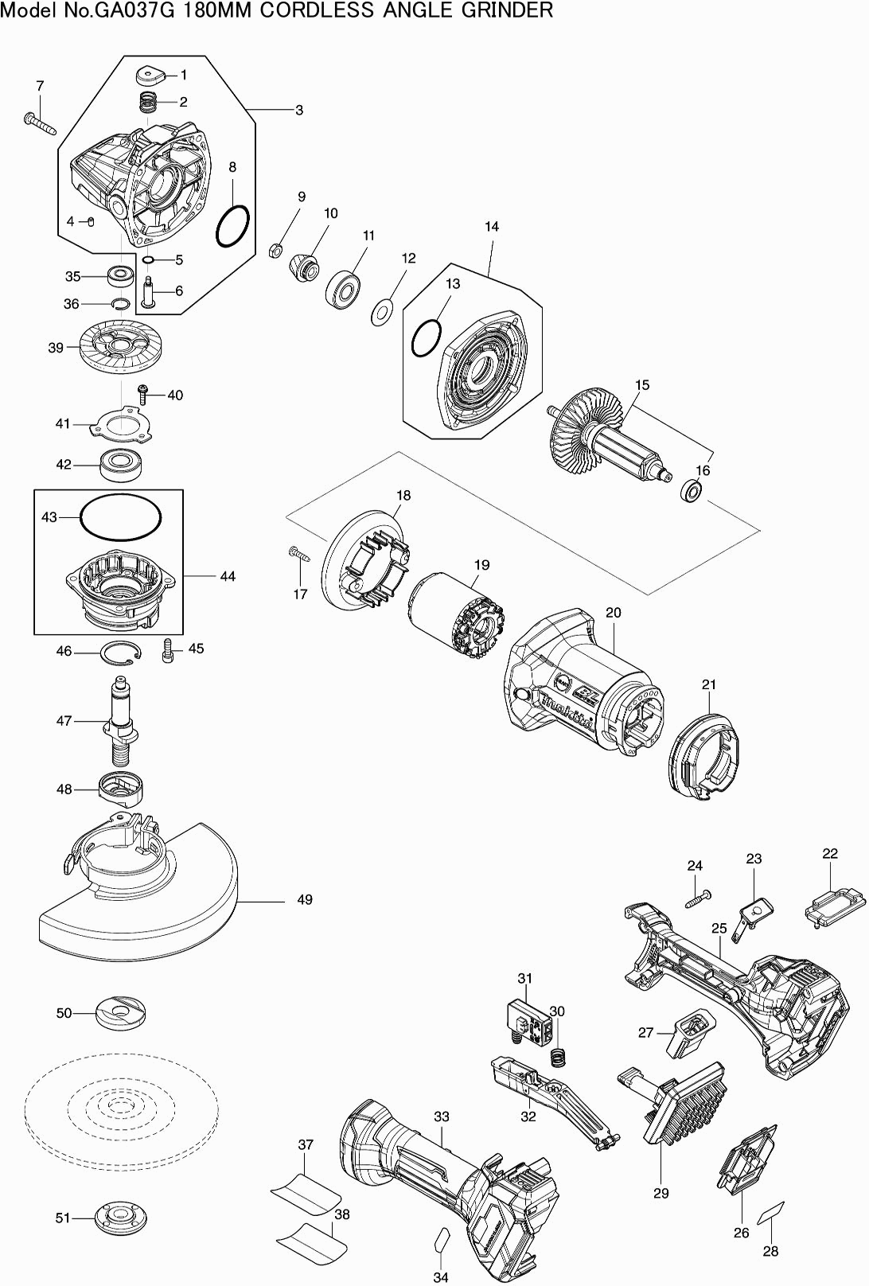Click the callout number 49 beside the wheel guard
305,899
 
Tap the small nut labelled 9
275,250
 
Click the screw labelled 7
40,123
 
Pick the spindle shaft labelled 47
120,720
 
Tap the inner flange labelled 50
122,1012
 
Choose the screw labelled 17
299,554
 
